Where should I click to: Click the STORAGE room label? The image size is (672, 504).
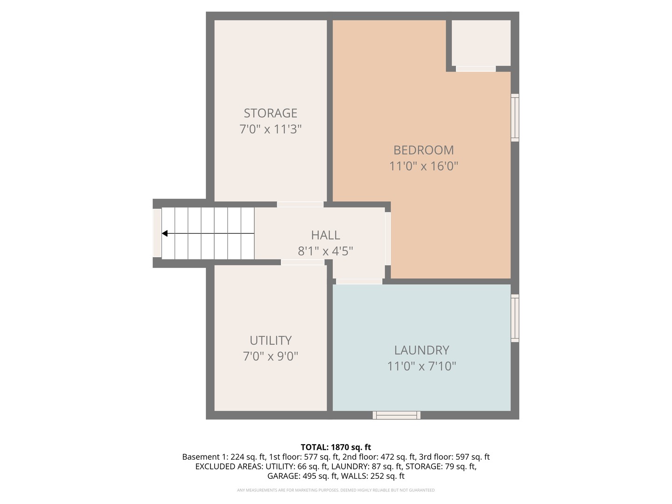(x=270, y=113)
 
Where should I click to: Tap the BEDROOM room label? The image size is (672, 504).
(x=423, y=150)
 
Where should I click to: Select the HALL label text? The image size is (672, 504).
(x=325, y=235)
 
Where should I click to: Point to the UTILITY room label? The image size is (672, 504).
(x=270, y=341)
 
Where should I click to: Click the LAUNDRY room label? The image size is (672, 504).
(x=421, y=350)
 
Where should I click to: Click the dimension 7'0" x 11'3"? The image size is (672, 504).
(x=270, y=129)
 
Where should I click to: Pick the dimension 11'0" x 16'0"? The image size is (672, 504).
(x=423, y=166)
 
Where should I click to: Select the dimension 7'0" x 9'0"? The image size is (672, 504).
(x=270, y=357)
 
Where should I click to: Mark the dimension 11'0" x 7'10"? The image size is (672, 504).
(x=421, y=366)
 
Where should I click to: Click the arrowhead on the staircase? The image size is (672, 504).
(x=165, y=233)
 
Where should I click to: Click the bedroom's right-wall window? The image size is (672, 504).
(x=515, y=118)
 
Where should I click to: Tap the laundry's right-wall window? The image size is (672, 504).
(x=515, y=318)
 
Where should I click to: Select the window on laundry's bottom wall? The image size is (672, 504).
(x=396, y=415)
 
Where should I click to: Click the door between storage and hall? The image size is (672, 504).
(x=300, y=204)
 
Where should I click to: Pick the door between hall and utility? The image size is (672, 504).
(x=302, y=262)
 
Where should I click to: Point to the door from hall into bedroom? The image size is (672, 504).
(x=387, y=238)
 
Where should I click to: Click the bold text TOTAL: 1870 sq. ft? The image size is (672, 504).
(x=336, y=448)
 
